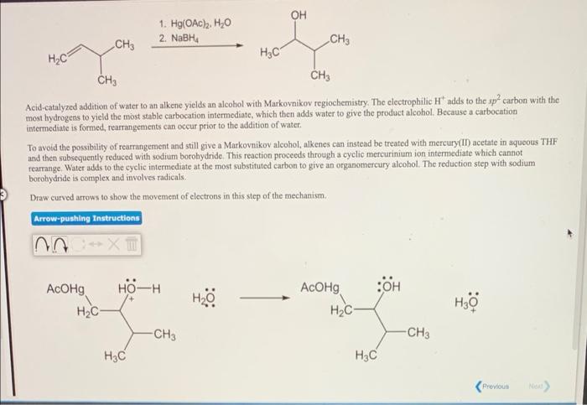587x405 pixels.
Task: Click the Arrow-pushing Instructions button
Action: [87, 218]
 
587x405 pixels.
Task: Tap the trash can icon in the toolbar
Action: [132, 246]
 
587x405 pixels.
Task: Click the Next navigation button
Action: [538, 387]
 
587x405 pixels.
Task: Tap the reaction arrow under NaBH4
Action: [198, 48]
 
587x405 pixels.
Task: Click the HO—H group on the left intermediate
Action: [139, 289]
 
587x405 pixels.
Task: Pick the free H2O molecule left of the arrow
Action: [205, 299]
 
